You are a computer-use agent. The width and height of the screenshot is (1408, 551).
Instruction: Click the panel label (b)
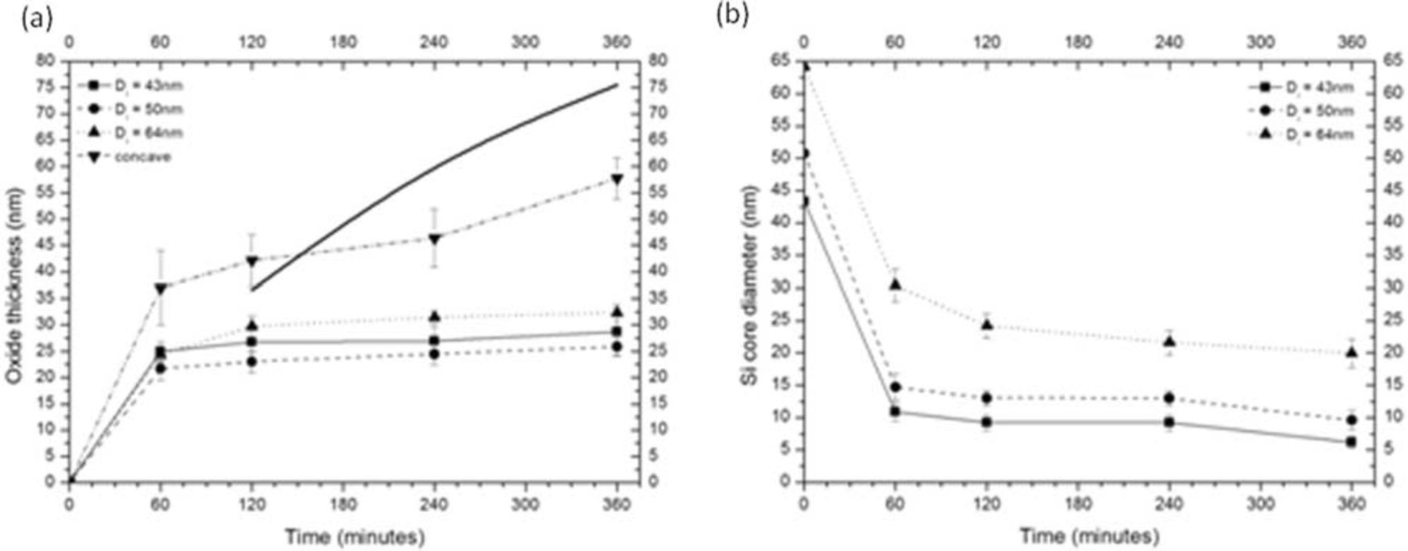tap(732, 16)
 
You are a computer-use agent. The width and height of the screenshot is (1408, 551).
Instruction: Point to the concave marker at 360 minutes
tap(616, 180)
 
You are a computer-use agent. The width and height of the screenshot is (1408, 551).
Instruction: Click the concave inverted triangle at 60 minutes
tap(160, 288)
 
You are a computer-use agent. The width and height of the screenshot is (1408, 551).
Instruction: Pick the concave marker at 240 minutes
tap(434, 239)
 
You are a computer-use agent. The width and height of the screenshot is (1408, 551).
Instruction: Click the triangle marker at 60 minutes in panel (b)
tap(895, 285)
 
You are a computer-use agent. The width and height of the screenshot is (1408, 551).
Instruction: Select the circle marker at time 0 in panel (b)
tap(803, 153)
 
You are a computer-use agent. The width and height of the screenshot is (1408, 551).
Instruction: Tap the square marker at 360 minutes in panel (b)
tap(1351, 442)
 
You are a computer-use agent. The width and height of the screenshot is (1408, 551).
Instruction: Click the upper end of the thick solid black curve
tap(617, 85)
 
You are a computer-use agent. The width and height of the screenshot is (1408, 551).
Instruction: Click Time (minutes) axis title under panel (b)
tap(1089, 536)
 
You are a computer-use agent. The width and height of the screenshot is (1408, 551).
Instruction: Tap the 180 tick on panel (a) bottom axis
tap(343, 505)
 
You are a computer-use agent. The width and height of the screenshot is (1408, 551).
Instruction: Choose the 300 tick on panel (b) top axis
tap(1260, 41)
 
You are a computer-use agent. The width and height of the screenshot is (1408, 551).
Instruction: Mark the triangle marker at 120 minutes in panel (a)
tap(252, 326)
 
